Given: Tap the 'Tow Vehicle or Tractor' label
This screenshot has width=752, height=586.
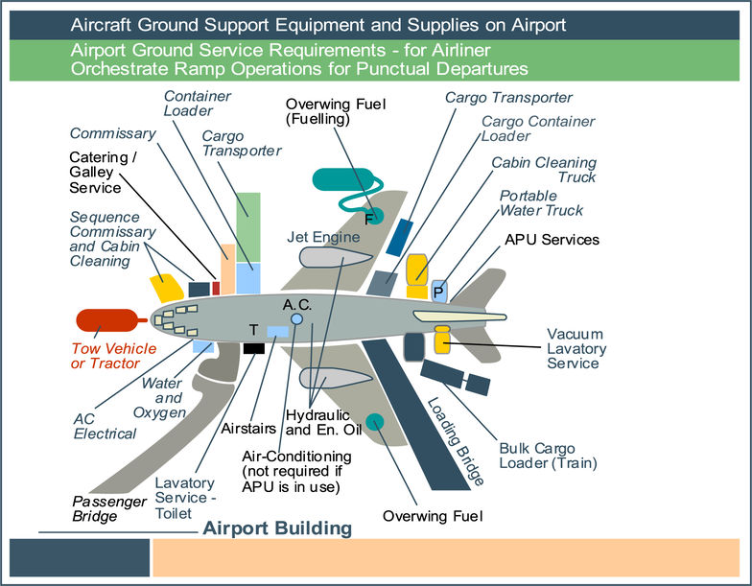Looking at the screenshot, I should coord(106,356).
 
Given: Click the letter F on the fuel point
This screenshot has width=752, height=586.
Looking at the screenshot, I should coord(369,218).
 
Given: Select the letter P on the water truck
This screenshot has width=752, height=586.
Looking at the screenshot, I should coord(438,292).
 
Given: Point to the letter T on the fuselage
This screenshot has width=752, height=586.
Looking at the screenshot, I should coord(253,329).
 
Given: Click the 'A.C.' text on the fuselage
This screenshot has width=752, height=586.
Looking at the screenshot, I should coord(298,304).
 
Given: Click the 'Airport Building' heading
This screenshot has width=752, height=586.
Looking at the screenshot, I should coord(277,528).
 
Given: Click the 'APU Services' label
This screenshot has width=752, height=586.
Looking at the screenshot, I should coord(552,239).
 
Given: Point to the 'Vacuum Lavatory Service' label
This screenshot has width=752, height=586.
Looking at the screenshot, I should coord(574,348).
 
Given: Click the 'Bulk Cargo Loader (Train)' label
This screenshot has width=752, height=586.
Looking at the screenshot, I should coord(548,455).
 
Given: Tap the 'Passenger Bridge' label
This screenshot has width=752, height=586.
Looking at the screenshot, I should coord(109,508).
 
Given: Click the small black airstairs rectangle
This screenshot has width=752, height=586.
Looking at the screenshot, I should coord(253,348).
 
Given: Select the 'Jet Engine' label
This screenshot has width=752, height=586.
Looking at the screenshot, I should coord(323,237).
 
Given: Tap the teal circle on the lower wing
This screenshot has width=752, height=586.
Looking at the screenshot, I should coord(375,422).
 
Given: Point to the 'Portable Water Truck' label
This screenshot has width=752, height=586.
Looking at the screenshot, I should coord(541,203).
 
